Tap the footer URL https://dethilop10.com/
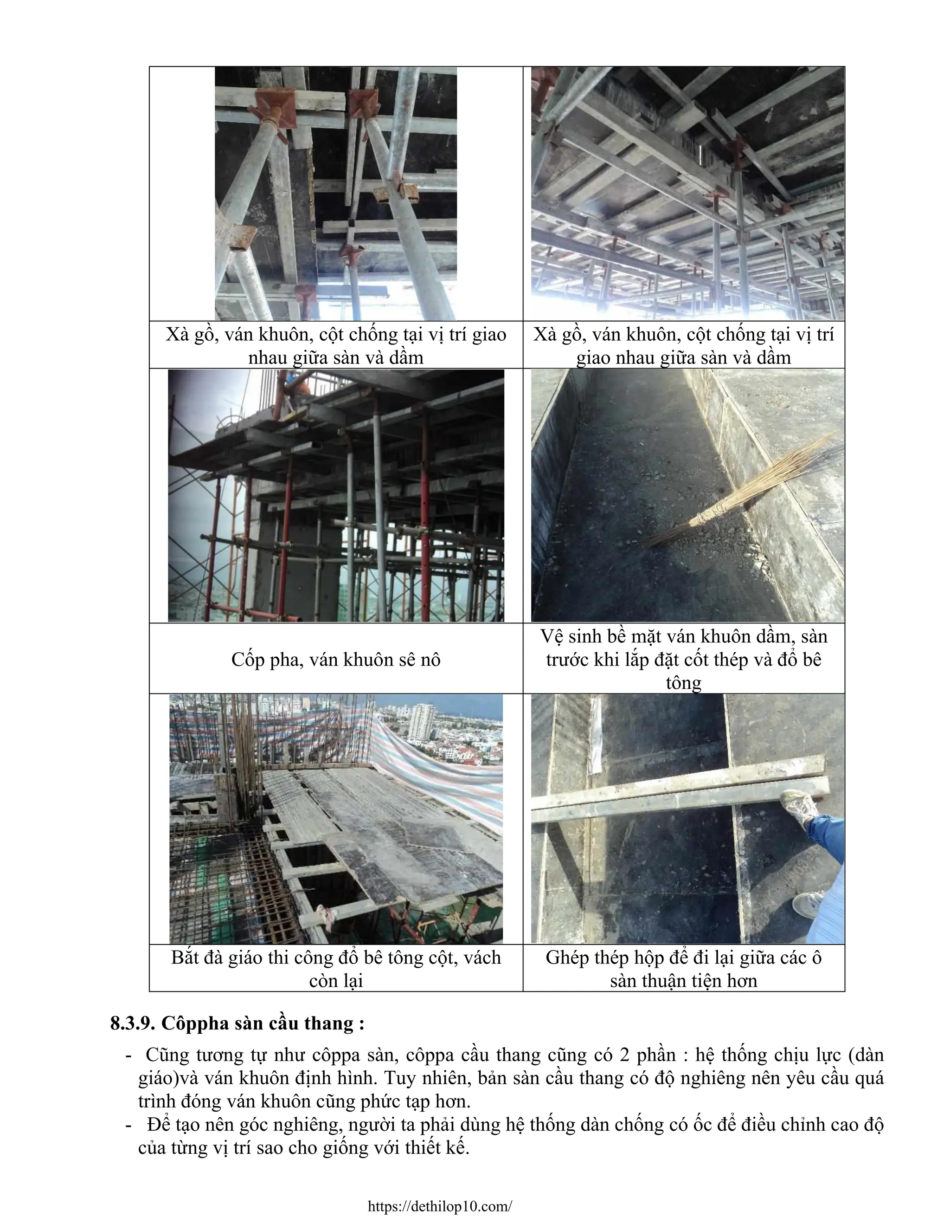click(x=440, y=1206)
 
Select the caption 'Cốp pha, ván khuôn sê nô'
click(x=335, y=659)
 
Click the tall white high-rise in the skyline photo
click(x=422, y=723)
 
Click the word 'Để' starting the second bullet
click(x=159, y=1124)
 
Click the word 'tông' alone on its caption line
click(x=683, y=683)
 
